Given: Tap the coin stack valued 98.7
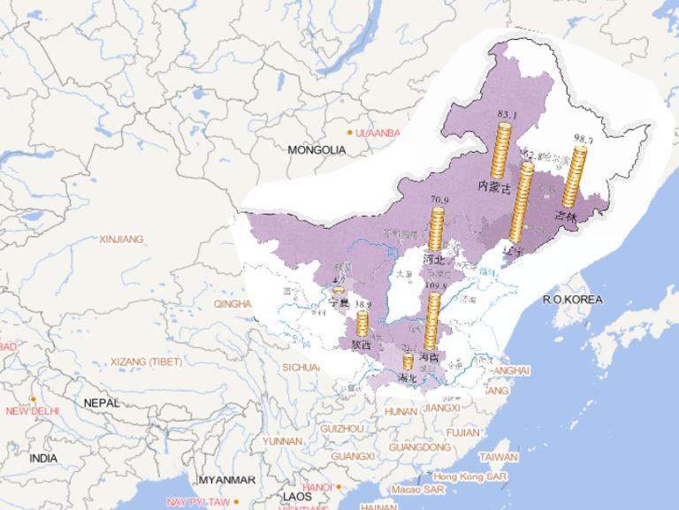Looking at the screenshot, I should coord(576,177).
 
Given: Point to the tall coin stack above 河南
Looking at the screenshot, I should coord(431,321).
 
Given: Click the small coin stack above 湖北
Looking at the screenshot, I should coord(408,362).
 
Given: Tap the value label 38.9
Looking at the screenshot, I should coord(362,304).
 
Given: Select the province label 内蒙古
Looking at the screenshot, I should coord(495,186).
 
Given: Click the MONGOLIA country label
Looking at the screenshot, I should coord(317,150).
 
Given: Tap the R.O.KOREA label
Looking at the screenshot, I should coord(572,300).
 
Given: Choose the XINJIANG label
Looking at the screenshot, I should coord(121,239).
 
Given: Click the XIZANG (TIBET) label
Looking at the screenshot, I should coord(147,362).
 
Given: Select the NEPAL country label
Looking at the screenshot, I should coord(100,402).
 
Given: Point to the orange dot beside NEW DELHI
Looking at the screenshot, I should coord(33,400).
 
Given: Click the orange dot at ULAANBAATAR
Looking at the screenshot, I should coord(350,133).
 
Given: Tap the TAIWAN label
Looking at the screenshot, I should coord(498,457).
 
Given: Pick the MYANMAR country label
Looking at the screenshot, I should coord(227,480).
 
